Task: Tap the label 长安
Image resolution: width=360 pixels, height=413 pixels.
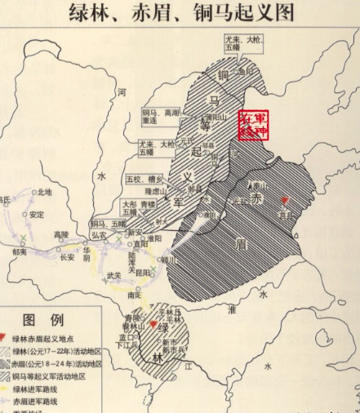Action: pyautogui.click(x=67, y=256)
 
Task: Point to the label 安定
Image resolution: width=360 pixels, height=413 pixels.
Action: pyautogui.click(x=36, y=215)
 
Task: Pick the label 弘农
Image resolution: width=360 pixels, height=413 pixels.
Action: pyautogui.click(x=99, y=234)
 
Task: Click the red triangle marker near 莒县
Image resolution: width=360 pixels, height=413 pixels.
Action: pyautogui.click(x=284, y=201)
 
